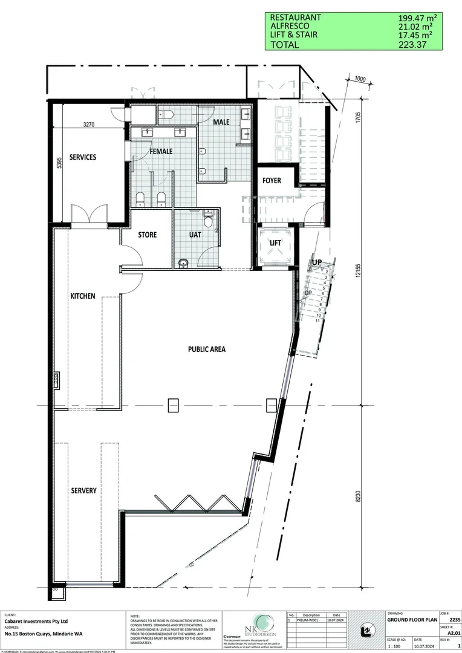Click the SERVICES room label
click(x=83, y=157)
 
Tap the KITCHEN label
click(x=83, y=296)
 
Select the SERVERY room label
click(x=83, y=491)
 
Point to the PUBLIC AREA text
click(x=207, y=349)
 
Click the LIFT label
click(x=276, y=242)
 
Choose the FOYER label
click(x=272, y=181)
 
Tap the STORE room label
click(x=148, y=235)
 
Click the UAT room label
click(x=195, y=235)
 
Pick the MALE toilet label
click(x=221, y=122)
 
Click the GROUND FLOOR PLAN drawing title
click(x=410, y=620)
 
